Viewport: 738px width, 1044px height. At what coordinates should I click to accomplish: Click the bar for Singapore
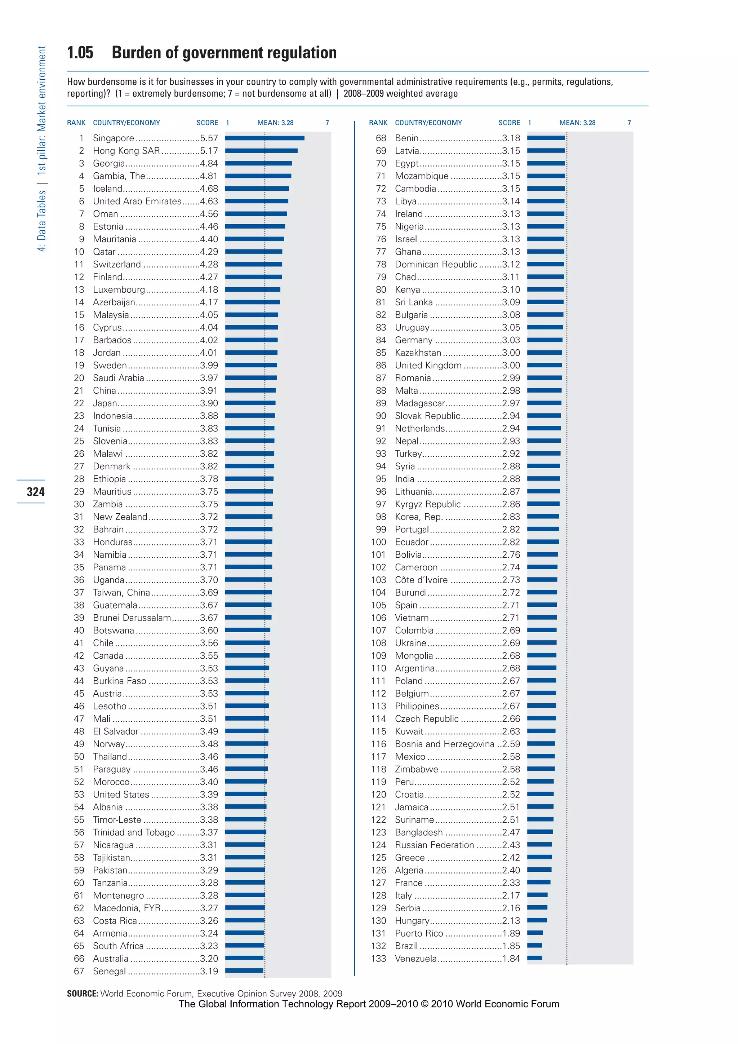[264, 138]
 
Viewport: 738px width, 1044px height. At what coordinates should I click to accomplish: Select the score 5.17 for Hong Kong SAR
[209, 150]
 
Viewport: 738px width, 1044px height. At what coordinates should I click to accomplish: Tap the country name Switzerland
[117, 264]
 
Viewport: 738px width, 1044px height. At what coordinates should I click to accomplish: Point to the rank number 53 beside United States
[79, 795]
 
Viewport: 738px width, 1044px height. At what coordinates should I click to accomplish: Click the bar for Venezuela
[534, 958]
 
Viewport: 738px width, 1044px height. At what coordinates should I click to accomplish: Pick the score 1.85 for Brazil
[511, 946]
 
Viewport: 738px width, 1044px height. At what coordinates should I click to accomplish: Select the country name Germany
[414, 340]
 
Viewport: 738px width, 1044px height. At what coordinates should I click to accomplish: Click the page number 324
[35, 491]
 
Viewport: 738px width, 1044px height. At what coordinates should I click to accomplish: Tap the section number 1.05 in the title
[80, 53]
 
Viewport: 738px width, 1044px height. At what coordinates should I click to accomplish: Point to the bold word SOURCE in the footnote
[82, 994]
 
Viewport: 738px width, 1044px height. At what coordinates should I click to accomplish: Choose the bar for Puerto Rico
[535, 933]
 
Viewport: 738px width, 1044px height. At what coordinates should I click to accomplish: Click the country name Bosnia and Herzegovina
[444, 744]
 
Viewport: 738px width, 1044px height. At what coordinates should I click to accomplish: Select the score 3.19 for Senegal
[209, 971]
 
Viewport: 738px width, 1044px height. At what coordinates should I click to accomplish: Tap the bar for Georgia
[258, 163]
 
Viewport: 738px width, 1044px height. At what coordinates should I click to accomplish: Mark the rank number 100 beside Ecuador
[378, 542]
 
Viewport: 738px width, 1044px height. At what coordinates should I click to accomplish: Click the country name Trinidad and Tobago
[134, 832]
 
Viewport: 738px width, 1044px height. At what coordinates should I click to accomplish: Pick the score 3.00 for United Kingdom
[511, 365]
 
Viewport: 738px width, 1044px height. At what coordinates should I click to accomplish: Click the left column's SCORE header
[207, 123]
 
